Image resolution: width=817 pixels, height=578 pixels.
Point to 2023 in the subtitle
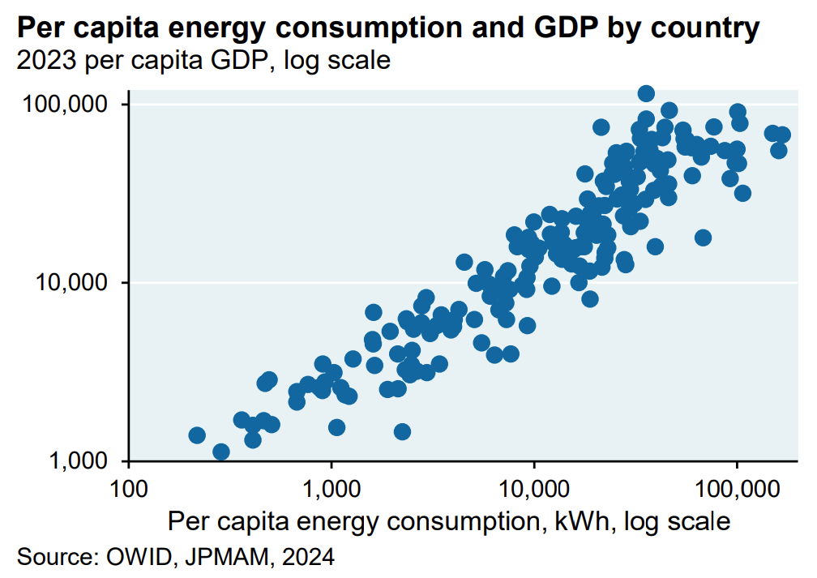click(41, 61)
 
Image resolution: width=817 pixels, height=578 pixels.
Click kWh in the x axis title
click(587, 520)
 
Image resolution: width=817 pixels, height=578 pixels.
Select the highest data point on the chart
click(646, 93)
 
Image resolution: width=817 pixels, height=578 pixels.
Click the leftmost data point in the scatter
click(196, 435)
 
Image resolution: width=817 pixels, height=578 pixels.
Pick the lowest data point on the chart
click(220, 452)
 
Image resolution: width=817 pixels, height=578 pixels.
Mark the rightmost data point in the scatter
click(782, 135)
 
